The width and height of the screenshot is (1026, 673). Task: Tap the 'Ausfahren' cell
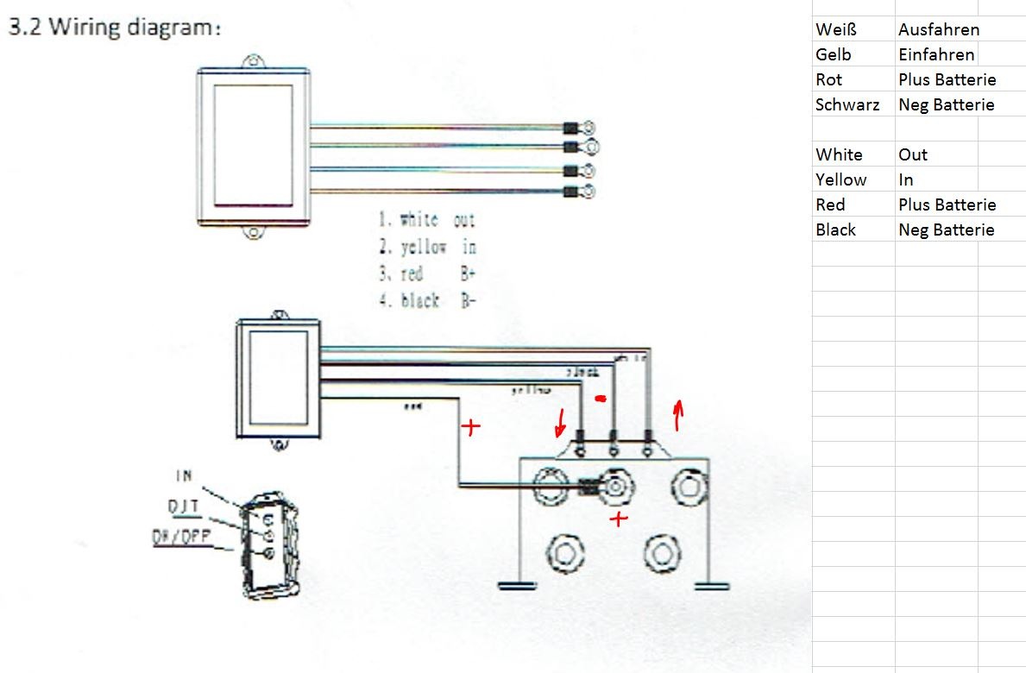click(938, 29)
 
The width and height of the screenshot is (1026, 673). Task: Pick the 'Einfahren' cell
click(935, 54)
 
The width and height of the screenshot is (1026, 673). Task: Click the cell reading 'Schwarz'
click(847, 104)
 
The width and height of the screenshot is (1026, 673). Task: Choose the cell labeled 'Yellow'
click(840, 179)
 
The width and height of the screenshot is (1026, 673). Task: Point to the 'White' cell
click(838, 154)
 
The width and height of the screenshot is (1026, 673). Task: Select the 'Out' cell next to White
click(912, 154)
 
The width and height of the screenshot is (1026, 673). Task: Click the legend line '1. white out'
click(427, 221)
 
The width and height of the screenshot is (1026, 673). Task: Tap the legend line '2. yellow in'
click(427, 248)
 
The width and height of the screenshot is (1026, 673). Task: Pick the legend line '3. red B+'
click(427, 274)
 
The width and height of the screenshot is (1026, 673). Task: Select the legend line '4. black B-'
click(427, 301)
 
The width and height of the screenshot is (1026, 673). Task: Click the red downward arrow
click(561, 423)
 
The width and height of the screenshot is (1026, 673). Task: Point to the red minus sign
click(601, 399)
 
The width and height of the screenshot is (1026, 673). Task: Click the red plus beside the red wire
click(470, 427)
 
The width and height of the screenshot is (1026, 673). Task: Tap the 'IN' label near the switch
click(184, 475)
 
